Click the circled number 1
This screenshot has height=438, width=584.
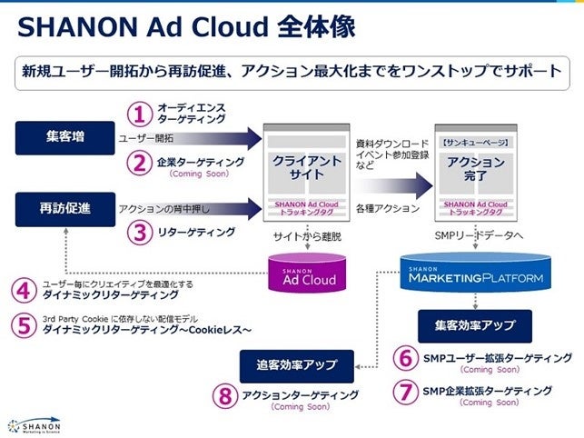click(138, 114)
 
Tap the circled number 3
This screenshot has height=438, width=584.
click(138, 233)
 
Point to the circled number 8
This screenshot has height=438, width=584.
click(223, 397)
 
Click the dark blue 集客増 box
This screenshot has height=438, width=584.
click(65, 139)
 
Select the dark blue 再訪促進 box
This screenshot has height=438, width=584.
click(65, 209)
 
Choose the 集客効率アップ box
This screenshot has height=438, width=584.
click(473, 324)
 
